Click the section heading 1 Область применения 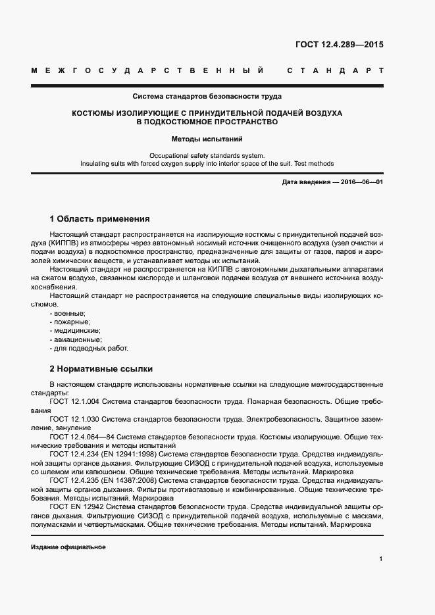point(100,218)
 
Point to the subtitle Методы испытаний point(207,139)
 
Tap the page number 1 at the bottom point(380,559)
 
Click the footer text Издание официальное point(68,547)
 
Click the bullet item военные point(67,314)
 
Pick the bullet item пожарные point(70,322)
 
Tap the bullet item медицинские point(74,331)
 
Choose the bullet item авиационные point(75,339)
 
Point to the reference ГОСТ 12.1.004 point(74,401)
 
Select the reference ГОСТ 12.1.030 point(74,418)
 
